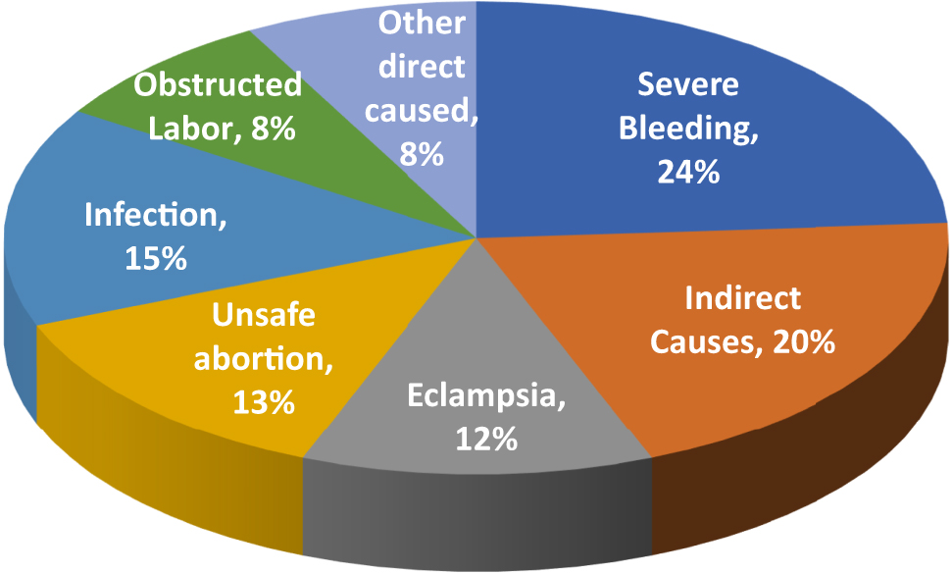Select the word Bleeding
685,130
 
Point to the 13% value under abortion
264,402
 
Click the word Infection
153,215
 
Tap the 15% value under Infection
155,258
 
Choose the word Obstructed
218,85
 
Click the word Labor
190,129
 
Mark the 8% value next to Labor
270,129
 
